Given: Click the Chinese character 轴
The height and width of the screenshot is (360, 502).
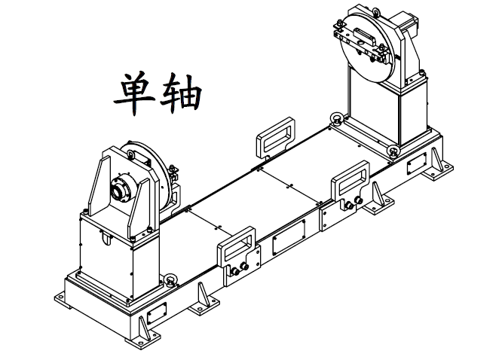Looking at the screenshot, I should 179,93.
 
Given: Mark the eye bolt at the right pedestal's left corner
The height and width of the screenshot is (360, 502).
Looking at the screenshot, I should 335,119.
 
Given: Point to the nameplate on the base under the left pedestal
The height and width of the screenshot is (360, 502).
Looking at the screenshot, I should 158,310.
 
